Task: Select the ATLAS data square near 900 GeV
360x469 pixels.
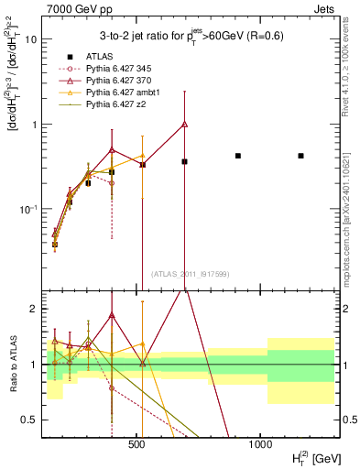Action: point(238,156)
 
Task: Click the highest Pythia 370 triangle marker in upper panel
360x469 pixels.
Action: point(185,124)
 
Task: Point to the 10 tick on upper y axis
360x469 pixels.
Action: point(32,39)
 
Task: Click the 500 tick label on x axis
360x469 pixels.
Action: point(137,444)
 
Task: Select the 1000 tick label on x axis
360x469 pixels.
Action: point(260,444)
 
